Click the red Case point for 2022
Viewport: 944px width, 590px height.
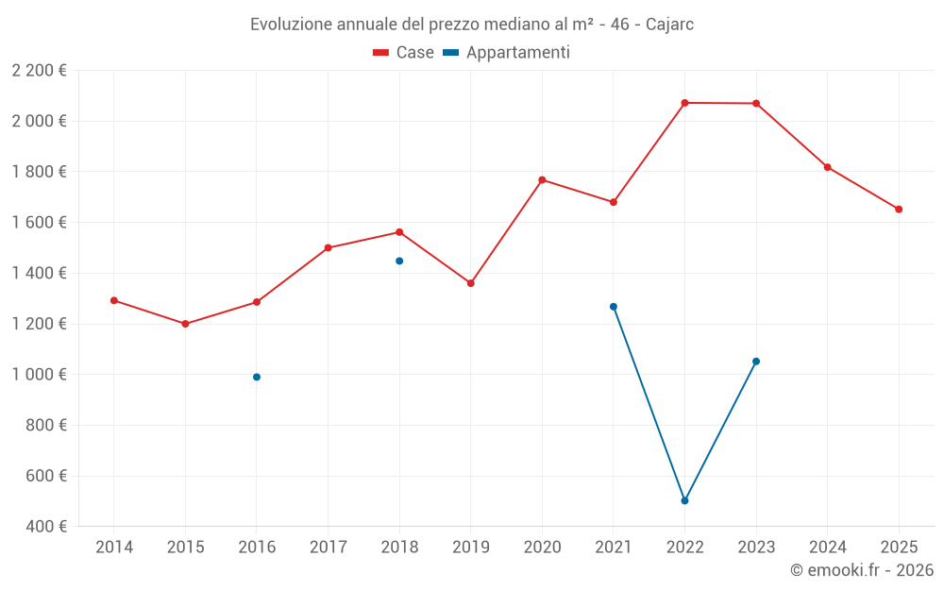(x=684, y=103)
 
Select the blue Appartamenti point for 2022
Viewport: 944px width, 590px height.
(x=684, y=500)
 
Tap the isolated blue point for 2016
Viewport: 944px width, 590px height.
(x=257, y=377)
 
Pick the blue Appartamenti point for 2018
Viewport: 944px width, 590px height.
(x=399, y=261)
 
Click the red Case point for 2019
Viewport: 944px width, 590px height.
(x=471, y=283)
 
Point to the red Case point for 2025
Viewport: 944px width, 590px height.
(x=899, y=210)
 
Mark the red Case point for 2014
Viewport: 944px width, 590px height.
(x=114, y=300)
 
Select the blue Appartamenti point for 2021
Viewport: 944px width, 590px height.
(x=614, y=307)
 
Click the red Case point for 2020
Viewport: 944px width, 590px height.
(x=542, y=179)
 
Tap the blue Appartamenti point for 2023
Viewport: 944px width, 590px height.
(x=756, y=362)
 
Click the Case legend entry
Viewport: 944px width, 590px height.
(x=403, y=53)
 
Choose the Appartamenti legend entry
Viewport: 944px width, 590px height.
(x=507, y=53)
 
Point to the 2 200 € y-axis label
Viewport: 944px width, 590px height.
(x=40, y=71)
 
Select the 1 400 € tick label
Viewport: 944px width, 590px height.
(x=40, y=274)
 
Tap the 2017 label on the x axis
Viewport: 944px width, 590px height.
(x=328, y=548)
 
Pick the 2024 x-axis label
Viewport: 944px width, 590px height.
(x=828, y=548)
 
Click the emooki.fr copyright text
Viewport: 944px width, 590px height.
(x=862, y=570)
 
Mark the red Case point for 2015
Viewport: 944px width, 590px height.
(x=185, y=324)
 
